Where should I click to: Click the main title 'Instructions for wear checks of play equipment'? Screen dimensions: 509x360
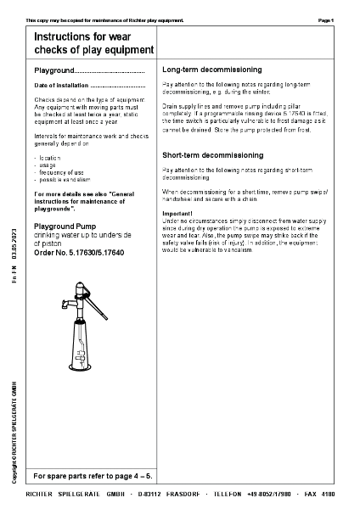[x=93, y=44]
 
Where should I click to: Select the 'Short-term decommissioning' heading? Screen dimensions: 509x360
[x=212, y=156]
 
